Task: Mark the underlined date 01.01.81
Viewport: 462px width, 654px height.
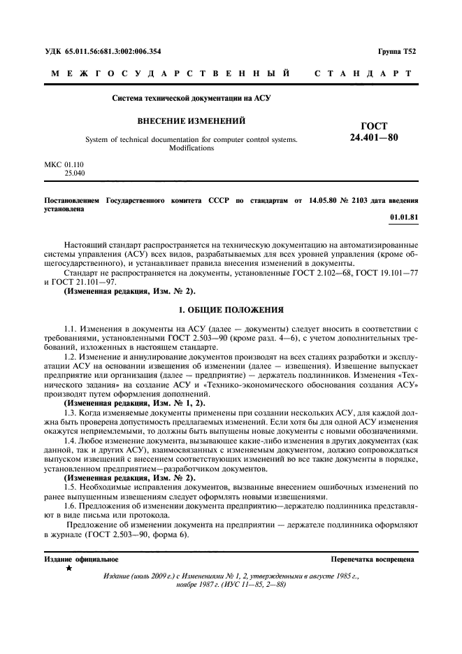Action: (x=404, y=218)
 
